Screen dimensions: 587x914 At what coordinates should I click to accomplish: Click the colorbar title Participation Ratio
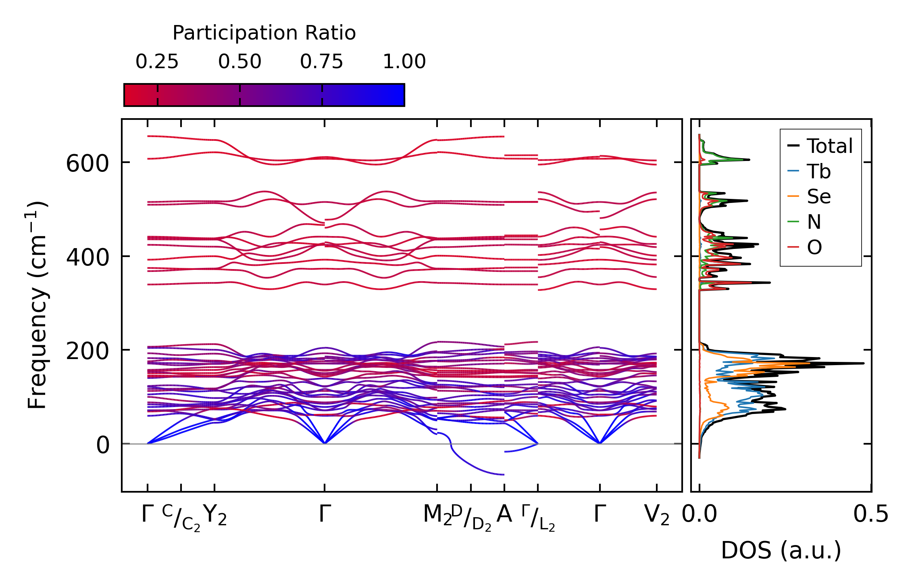point(264,33)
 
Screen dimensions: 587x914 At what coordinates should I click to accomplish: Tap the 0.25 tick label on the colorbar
point(157,62)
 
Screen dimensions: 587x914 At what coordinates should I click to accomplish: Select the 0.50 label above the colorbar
point(240,62)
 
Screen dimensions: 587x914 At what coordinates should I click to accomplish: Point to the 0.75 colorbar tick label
point(321,62)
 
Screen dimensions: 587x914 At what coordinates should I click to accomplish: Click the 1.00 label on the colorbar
point(404,62)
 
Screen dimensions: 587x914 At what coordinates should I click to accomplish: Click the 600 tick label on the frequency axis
point(87,164)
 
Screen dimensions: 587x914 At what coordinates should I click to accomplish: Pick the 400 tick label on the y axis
point(87,257)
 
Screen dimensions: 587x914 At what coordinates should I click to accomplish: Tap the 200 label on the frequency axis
point(87,351)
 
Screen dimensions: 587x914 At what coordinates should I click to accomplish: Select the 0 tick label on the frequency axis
point(103,445)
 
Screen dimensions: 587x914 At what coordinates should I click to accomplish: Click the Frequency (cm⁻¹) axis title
point(38,305)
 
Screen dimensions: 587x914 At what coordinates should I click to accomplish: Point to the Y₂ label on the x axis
point(215,515)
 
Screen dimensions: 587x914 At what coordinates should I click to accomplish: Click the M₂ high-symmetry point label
point(437,515)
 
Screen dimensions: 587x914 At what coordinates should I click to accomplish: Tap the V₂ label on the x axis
point(656,515)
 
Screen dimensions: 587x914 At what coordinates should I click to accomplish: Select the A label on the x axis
point(504,514)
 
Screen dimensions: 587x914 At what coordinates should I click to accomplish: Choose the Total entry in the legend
point(829,146)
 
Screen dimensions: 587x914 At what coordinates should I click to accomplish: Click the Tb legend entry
point(818,171)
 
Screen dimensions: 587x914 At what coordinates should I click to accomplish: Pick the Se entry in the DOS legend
point(818,197)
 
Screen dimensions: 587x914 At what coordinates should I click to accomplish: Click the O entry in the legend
point(814,247)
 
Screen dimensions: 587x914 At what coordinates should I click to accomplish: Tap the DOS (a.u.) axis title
point(781,551)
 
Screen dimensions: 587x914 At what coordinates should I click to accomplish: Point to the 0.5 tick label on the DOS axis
point(870,515)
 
